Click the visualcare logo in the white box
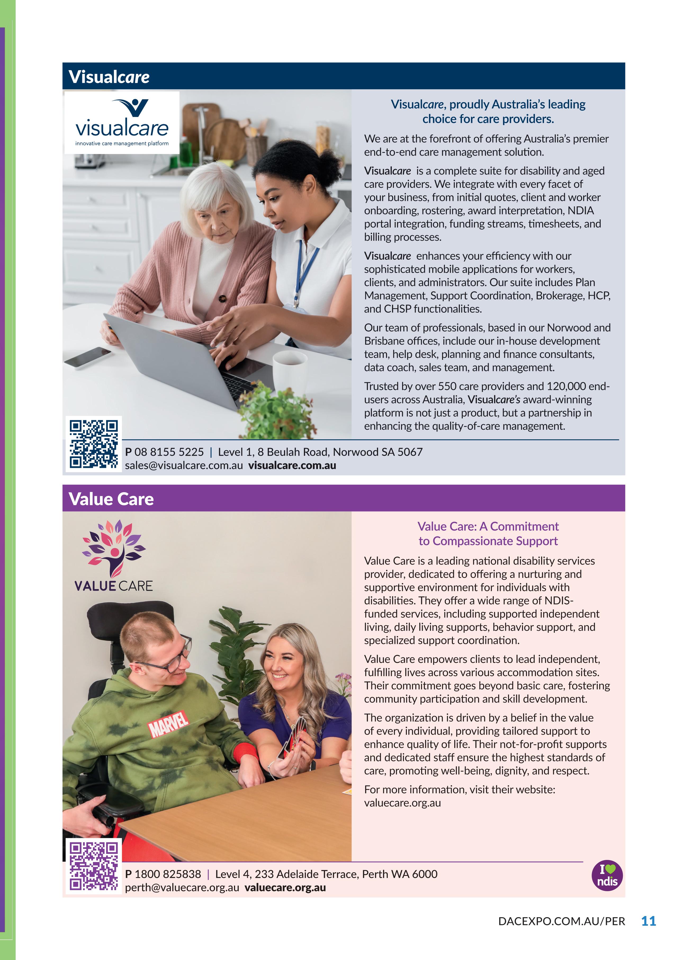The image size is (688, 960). click(122, 122)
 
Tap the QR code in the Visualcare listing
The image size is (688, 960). click(93, 444)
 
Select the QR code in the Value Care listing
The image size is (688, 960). click(93, 867)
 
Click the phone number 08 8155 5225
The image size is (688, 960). click(169, 452)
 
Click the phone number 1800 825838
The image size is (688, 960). click(168, 874)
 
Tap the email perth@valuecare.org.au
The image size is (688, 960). click(182, 888)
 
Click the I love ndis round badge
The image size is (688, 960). click(607, 875)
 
